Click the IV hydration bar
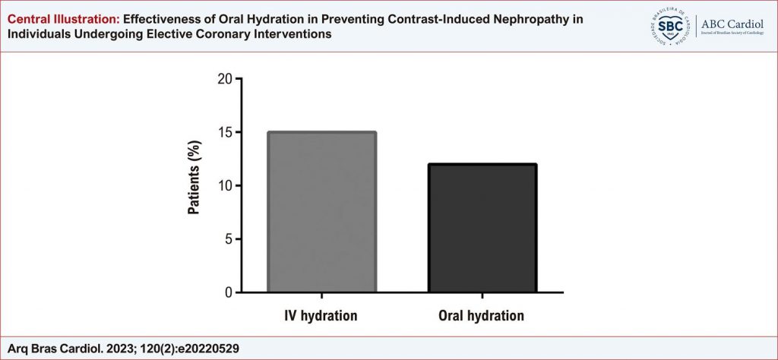321,212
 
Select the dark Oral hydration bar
482,228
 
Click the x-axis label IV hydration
321,314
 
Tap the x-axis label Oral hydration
482,314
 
